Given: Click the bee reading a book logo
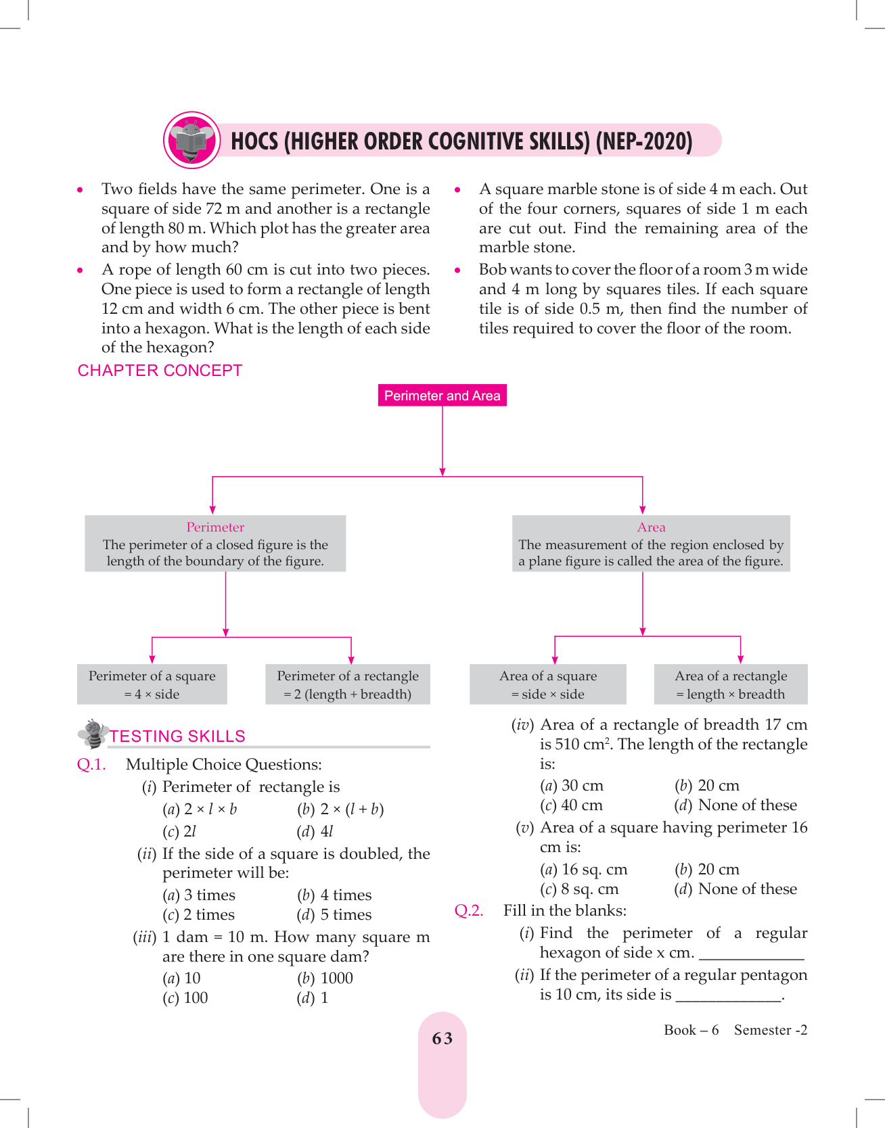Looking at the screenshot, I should click(192, 140).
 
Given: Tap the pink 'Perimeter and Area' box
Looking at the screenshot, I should click(442, 396).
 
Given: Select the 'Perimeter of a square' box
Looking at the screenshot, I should click(152, 684).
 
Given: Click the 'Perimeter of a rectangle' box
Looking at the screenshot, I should click(348, 684).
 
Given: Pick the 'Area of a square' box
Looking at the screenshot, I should click(548, 684).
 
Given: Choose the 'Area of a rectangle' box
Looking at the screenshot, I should click(731, 684).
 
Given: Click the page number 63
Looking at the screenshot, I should click(442, 1039).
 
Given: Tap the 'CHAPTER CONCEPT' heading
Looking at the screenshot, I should click(160, 371).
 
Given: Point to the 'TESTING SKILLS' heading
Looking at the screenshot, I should click(177, 736).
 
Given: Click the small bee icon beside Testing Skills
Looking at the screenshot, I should click(93, 733).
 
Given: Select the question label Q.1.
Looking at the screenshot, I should click(91, 765).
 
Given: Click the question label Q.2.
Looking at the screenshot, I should click(469, 911).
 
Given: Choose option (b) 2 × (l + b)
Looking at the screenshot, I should click(340, 809).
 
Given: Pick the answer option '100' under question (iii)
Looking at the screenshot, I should click(196, 998).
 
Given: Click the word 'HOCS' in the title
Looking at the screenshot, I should click(254, 141).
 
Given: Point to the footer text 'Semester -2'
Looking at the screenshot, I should click(771, 1030).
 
